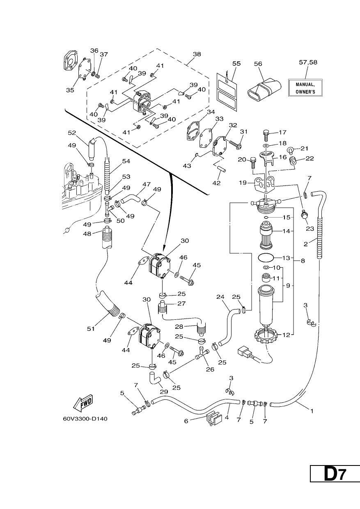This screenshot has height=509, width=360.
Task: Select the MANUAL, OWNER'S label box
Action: click(305, 88)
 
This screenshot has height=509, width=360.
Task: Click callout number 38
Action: click(197, 54)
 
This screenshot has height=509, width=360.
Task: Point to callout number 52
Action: click(72, 133)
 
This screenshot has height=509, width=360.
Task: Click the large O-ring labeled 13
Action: click(266, 258)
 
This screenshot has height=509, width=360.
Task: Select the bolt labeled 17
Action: click(266, 135)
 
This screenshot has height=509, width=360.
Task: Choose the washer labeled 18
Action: click(266, 145)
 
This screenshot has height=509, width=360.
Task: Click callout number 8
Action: click(303, 261)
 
